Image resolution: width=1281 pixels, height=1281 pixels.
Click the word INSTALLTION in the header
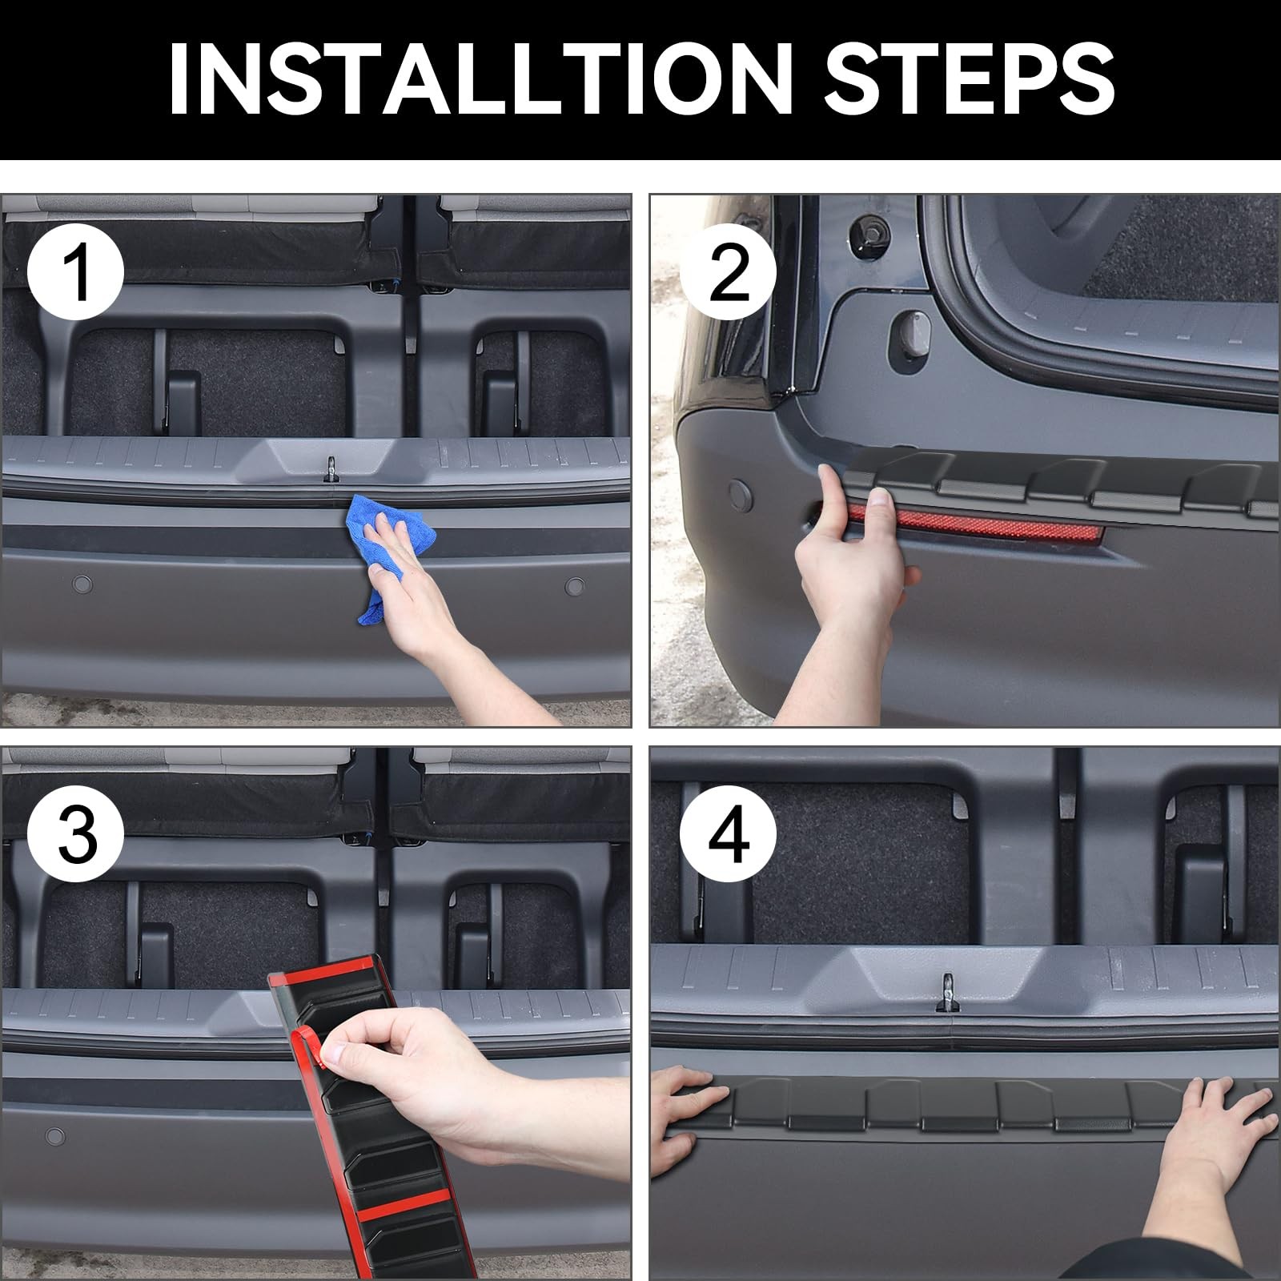(x=480, y=78)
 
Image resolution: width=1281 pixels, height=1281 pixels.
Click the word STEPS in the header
(x=970, y=78)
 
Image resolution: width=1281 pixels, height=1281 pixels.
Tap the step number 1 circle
(x=76, y=274)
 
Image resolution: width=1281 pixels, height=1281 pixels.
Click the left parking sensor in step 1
(x=82, y=584)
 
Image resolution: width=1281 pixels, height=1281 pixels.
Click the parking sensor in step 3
(x=55, y=1136)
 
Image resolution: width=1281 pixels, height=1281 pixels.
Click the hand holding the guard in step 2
(x=849, y=584)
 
